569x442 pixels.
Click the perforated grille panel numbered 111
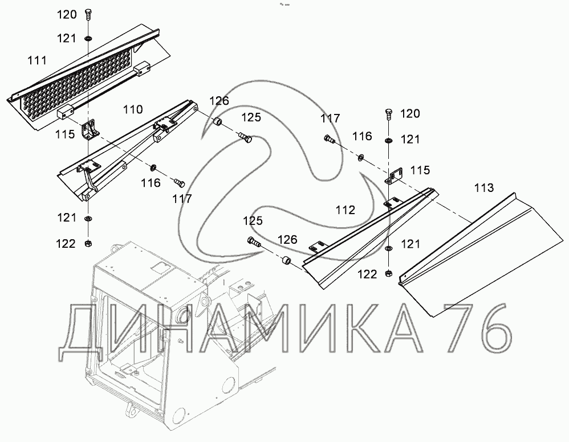pyautogui.click(x=80, y=80)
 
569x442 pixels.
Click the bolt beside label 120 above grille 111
pyautogui.click(x=88, y=15)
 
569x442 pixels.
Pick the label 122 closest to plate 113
pyautogui.click(x=368, y=274)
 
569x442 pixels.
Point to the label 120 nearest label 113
pyautogui.click(x=409, y=114)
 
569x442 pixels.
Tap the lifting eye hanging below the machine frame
pyautogui.click(x=131, y=409)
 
